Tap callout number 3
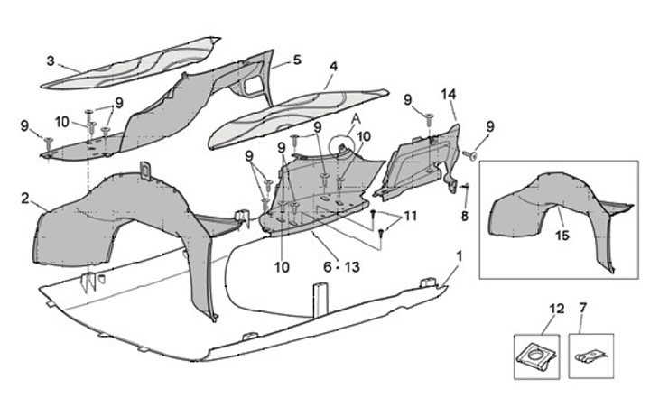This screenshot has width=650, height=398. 51,61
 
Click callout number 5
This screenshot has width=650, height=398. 297,60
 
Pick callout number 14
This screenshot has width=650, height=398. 450,94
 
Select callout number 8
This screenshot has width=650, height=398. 465,217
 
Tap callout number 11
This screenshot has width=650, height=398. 411,217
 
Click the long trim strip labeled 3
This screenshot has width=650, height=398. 135,63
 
